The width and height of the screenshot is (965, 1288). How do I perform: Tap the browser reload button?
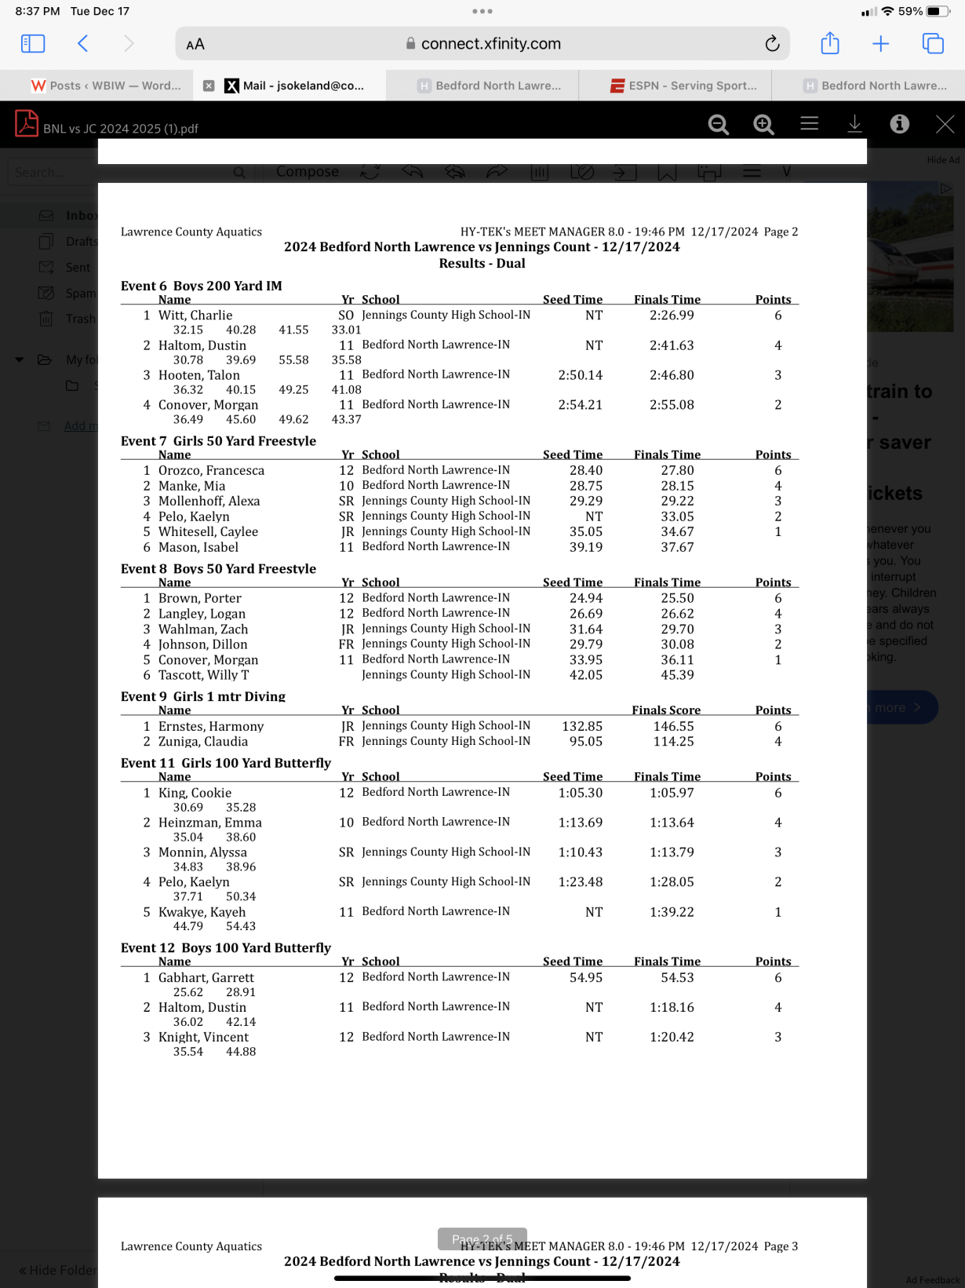tap(772, 44)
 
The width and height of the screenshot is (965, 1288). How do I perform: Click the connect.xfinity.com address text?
tap(490, 44)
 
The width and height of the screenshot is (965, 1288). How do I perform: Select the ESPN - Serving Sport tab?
tap(683, 86)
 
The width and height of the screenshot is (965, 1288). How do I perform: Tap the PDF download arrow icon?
tap(854, 124)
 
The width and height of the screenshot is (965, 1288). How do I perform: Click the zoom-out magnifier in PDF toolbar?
tap(718, 124)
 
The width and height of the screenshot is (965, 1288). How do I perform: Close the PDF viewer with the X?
tap(945, 124)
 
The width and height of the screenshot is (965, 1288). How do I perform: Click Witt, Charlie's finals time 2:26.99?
tap(672, 316)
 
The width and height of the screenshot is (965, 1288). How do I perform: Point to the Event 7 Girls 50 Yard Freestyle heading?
tap(218, 441)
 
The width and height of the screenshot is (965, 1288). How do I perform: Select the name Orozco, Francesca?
tap(211, 471)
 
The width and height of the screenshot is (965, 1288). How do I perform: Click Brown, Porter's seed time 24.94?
tap(586, 598)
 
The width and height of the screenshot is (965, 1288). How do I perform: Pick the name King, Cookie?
tap(195, 793)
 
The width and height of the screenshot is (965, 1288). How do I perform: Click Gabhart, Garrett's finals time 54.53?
tap(677, 978)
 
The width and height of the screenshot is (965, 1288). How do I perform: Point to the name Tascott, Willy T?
tap(203, 675)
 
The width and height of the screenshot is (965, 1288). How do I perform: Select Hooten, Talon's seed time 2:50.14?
tap(580, 375)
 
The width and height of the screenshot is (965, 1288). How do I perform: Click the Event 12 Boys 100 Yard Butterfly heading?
tap(226, 948)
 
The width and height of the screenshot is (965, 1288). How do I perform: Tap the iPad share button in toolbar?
tap(829, 44)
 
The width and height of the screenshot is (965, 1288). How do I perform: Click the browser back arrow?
tap(83, 44)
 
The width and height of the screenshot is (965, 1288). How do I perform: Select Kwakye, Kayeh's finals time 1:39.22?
tap(672, 912)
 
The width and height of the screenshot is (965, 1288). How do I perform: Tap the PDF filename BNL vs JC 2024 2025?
tap(121, 129)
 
